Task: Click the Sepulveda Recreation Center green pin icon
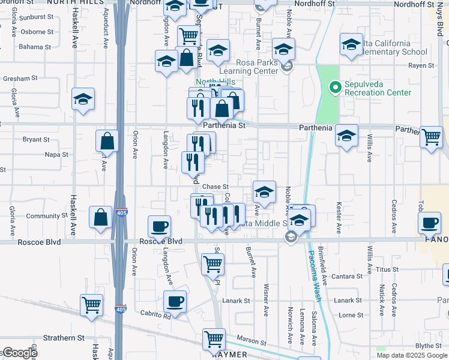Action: (336, 89)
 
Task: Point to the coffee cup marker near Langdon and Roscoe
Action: (160, 226)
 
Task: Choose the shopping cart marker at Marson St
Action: (214, 338)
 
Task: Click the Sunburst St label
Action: (36, 17)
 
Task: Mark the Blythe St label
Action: (428, 345)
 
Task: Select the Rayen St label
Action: (422, 65)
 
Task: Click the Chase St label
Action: (215, 187)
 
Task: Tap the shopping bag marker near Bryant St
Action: (107, 141)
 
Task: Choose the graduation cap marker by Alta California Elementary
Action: (352, 44)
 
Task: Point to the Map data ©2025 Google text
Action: (411, 355)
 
